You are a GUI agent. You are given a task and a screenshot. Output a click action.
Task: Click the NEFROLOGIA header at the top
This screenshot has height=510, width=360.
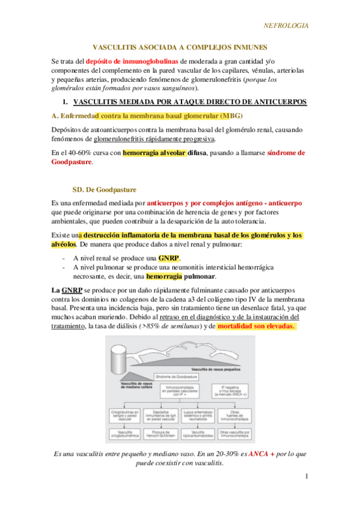(x=286, y=26)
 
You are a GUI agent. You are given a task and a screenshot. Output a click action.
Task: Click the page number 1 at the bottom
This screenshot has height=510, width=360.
(x=306, y=476)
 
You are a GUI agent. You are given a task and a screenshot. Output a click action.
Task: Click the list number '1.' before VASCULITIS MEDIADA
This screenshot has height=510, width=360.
(x=67, y=102)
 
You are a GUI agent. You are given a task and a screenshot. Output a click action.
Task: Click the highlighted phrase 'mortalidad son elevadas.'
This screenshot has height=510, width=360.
(x=256, y=325)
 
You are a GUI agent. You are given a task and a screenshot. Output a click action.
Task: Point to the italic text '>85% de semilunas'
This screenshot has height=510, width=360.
(x=169, y=325)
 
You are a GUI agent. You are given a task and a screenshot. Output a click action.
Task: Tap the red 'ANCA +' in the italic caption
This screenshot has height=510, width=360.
(x=260, y=453)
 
